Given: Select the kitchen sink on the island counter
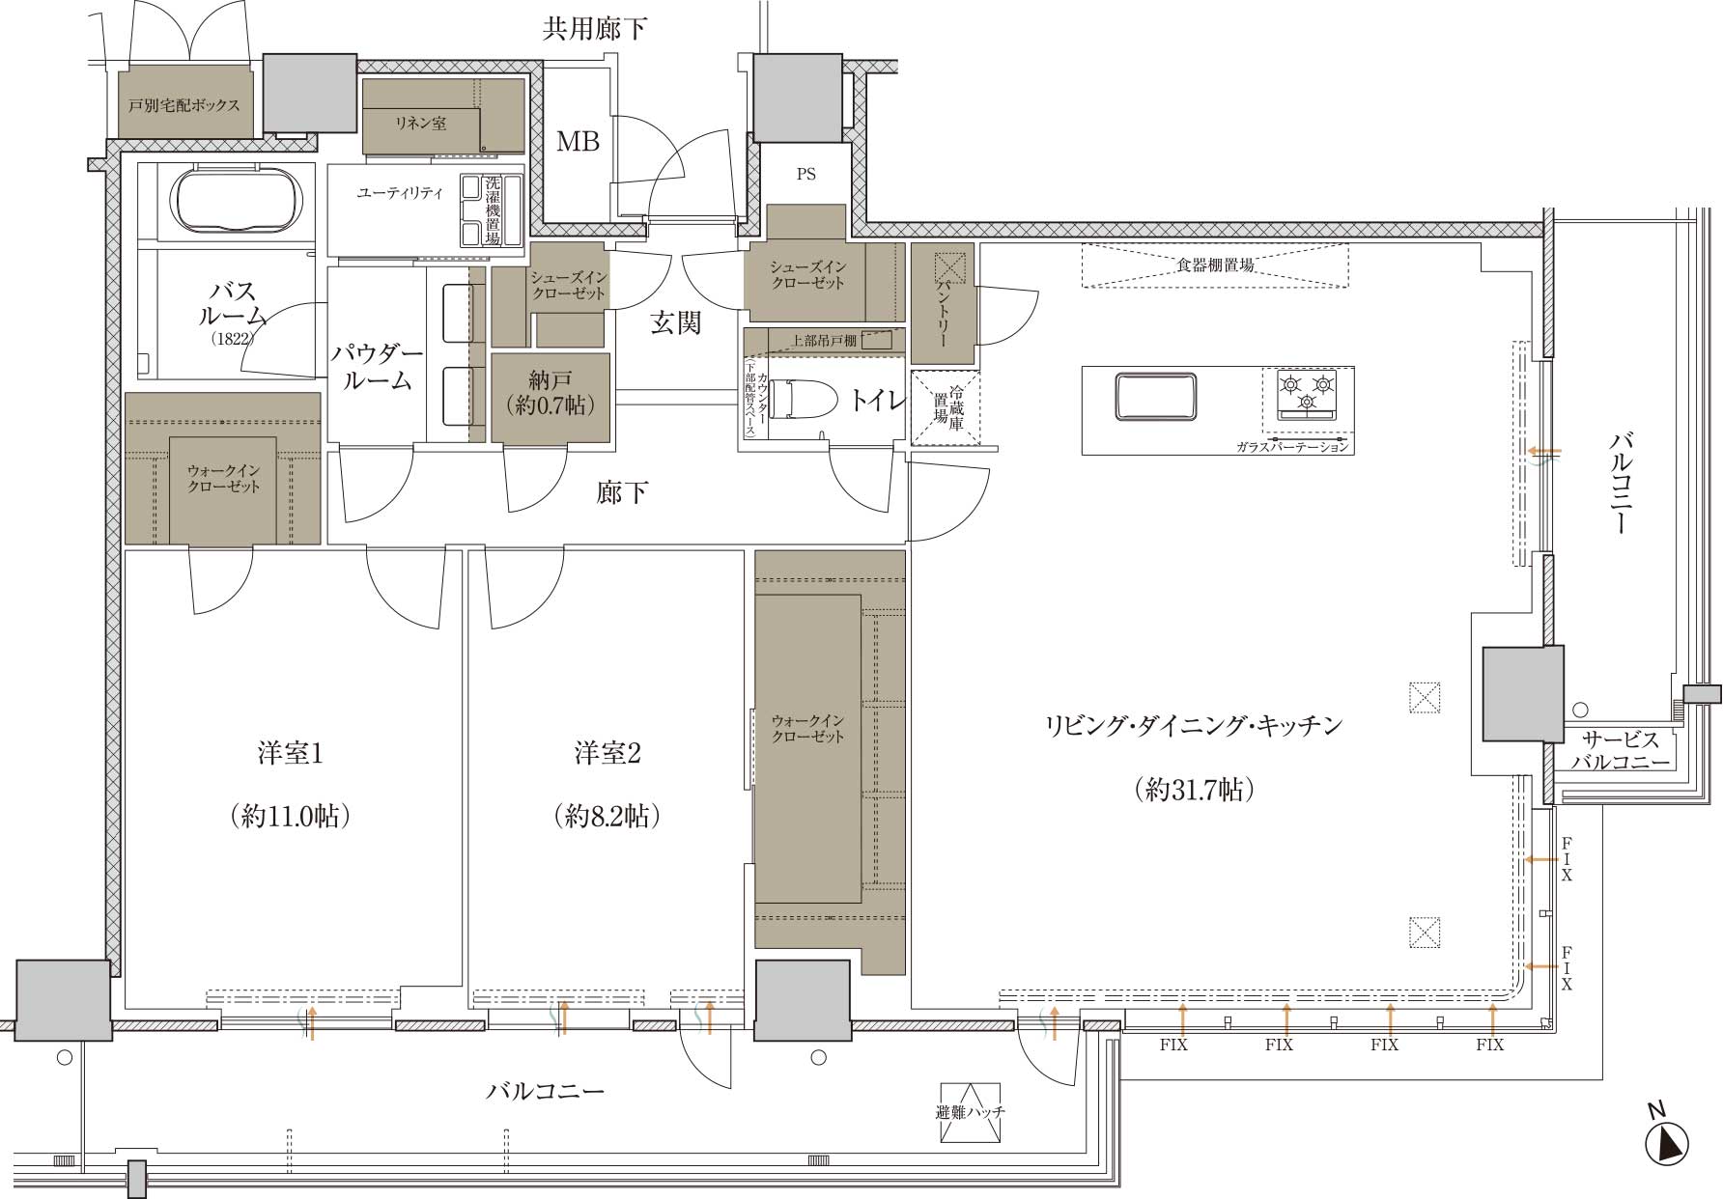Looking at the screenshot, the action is (x=1155, y=397).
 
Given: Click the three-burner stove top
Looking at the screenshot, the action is (x=1309, y=394).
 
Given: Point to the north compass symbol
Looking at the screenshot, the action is (x=1668, y=1140).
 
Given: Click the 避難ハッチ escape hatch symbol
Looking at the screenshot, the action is (x=971, y=1111).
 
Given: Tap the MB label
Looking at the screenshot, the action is (x=578, y=142).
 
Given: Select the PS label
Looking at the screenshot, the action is (x=805, y=175).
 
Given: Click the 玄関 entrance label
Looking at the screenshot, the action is (x=675, y=322).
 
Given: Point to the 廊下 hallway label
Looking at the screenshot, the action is (x=621, y=493).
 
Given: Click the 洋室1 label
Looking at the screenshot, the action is (x=290, y=754).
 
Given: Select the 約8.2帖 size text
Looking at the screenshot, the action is (x=608, y=817).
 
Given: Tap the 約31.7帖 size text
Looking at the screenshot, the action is (x=1195, y=790).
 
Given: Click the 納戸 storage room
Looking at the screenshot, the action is (x=551, y=398).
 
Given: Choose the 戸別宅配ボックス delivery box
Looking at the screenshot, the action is (x=184, y=103).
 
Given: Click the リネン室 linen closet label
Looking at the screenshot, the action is (x=420, y=124).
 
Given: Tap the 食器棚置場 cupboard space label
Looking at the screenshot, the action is (x=1215, y=265).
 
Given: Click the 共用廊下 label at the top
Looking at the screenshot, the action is (x=594, y=29).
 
